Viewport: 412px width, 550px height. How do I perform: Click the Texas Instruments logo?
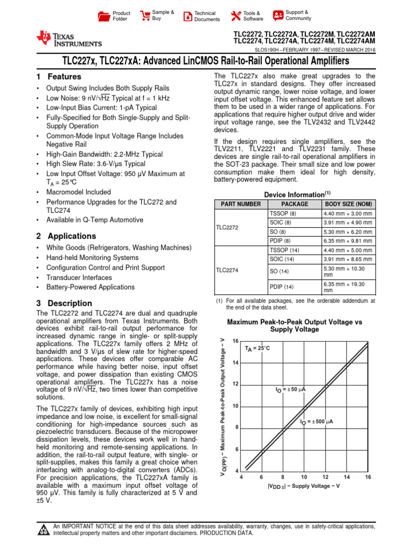click(68, 39)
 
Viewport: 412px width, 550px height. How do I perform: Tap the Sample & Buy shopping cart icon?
click(145, 15)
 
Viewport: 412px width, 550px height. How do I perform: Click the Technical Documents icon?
click(187, 16)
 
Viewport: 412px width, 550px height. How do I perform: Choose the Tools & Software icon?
click(235, 16)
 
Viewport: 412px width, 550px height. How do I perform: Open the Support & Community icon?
click(278, 15)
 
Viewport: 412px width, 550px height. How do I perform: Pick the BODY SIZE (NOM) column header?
click(348, 204)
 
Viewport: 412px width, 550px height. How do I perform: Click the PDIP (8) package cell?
click(280, 241)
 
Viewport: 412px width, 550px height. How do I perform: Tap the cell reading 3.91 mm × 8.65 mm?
click(347, 259)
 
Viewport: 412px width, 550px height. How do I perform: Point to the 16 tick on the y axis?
click(235, 342)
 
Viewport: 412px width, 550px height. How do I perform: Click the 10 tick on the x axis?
click(304, 477)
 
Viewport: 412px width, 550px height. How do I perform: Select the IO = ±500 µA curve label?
click(317, 422)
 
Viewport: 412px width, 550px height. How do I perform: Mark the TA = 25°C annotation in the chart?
click(258, 348)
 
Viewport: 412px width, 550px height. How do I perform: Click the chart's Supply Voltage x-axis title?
click(304, 486)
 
